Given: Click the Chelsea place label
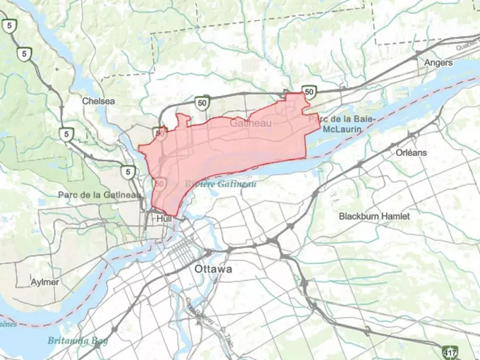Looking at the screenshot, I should tap(98, 101).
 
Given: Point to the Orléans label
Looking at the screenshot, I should tap(411, 152).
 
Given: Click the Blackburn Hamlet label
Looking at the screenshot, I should tap(374, 215).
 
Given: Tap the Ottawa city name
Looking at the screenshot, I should tap(213, 269).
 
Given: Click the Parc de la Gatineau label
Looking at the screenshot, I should tap(100, 194).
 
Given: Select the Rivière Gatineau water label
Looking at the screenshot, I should tap(220, 183).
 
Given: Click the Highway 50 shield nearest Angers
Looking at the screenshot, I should tap(309, 92).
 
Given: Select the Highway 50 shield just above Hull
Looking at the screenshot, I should tap(159, 181).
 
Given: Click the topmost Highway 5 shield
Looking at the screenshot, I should tap(8, 25).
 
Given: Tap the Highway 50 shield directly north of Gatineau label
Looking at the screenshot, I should tap(202, 102).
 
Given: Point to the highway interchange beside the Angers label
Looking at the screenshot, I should tap(418, 54).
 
